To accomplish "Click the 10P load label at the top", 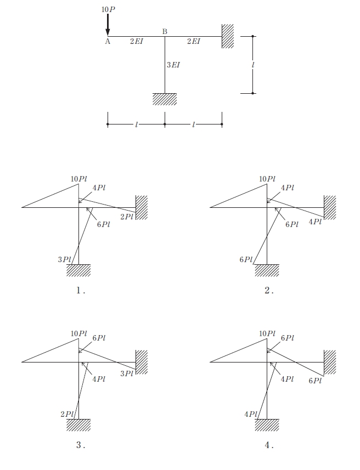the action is tap(108, 9).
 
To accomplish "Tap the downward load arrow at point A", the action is tap(108, 25).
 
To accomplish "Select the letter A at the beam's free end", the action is tap(108, 42).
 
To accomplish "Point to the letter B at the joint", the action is tap(165, 31).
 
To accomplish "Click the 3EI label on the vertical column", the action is tap(173, 65).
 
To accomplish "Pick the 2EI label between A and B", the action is tap(137, 41).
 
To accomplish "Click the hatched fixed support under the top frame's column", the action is tap(165, 99).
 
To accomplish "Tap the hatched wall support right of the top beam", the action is tap(228, 36).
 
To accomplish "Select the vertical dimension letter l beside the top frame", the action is tap(253, 65).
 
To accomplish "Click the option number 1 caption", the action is tap(80, 290).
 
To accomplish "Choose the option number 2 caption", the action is tap(269, 290).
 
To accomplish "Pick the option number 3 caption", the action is tap(80, 445).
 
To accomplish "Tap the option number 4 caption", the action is tap(269, 445).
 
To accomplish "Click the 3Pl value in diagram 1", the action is tap(65, 259).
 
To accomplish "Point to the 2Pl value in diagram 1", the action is tap(127, 217).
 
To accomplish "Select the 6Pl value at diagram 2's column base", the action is tap(246, 259).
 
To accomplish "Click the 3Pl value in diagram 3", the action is tap(127, 373).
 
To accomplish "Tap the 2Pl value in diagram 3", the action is tap(67, 414).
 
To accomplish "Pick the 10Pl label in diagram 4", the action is tap(267, 333).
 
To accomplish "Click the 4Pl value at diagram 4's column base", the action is tap(251, 414).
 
